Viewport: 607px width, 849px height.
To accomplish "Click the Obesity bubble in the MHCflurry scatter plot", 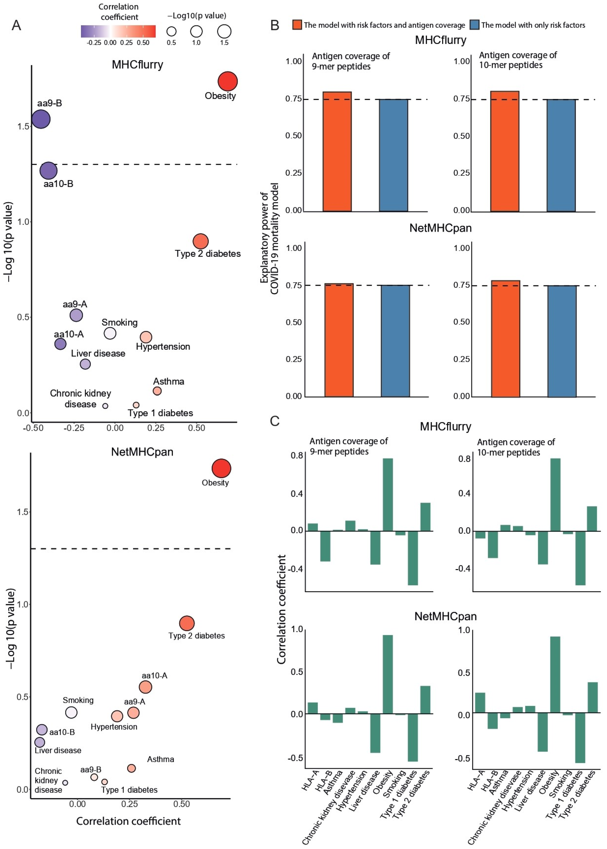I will (x=228, y=81).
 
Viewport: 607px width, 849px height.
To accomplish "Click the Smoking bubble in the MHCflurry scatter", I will (x=110, y=333).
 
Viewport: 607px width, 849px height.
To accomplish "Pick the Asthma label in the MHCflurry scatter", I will (x=169, y=381).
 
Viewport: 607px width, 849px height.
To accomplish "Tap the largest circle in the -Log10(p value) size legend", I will (x=224, y=31).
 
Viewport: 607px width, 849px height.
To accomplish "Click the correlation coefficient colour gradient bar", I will (x=118, y=31).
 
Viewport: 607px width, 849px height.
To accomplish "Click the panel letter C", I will (x=275, y=421).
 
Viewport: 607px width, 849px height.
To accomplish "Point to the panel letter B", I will (x=275, y=25).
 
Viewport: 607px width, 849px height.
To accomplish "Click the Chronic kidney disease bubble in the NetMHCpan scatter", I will (x=65, y=783).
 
